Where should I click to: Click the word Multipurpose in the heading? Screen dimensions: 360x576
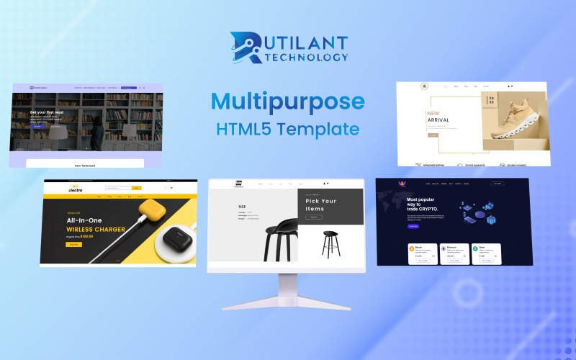[x=288, y=101]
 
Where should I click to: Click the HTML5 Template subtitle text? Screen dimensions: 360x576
[x=287, y=130]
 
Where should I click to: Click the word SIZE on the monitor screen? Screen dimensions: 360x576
[x=242, y=207]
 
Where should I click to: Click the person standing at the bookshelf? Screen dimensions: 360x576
[x=96, y=130]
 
